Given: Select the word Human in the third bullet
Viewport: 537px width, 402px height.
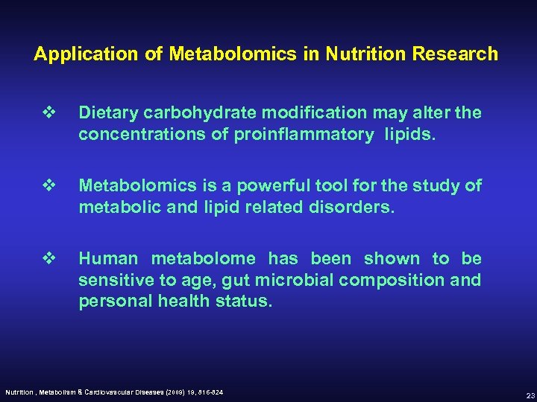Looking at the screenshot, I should (108, 258).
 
